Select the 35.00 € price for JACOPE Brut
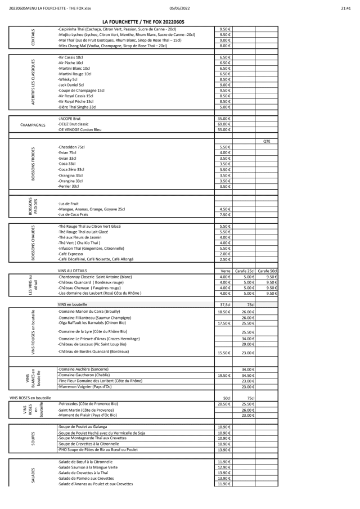tap(224, 119)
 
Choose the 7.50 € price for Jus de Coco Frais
tap(224, 214)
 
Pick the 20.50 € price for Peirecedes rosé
tap(224, 404)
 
